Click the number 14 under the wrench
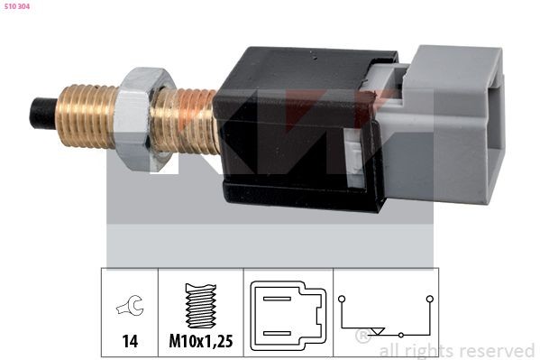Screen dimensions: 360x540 (x=129, y=342)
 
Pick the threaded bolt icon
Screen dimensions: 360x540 (x=201, y=305)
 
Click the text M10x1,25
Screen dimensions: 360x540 (x=201, y=342)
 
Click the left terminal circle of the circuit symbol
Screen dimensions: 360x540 (x=343, y=297)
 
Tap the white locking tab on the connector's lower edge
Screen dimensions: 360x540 (x=354, y=163)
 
